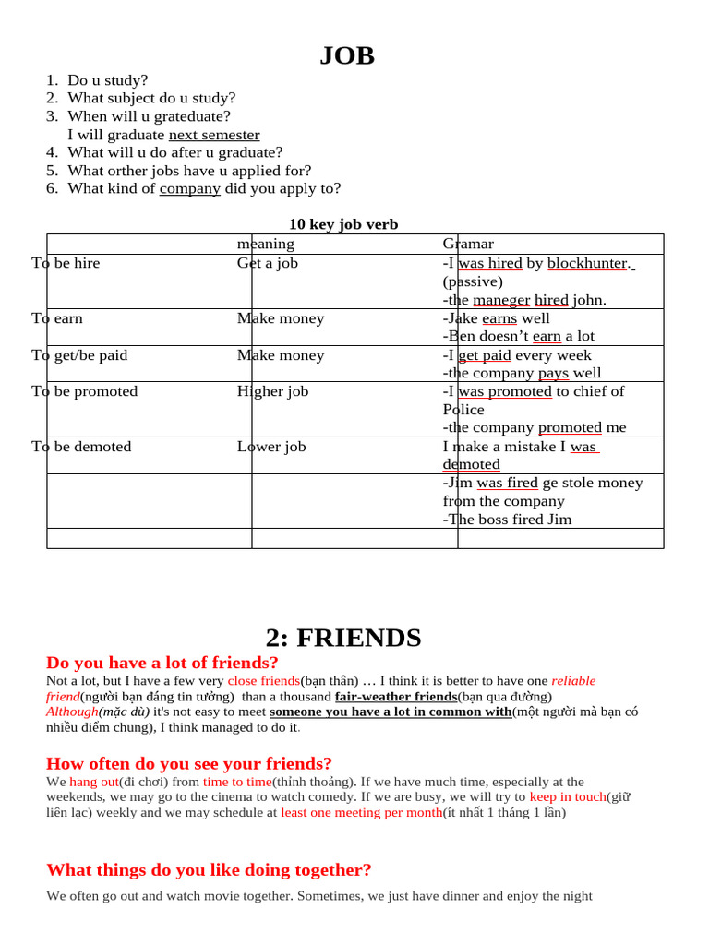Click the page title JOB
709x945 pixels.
pyautogui.click(x=347, y=55)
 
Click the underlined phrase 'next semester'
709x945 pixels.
pyautogui.click(x=214, y=135)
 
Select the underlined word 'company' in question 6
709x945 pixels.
pyautogui.click(x=190, y=188)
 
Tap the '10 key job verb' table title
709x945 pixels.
pyautogui.click(x=343, y=224)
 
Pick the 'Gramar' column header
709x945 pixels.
pyautogui.click(x=468, y=244)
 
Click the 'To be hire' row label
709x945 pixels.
pyautogui.click(x=66, y=263)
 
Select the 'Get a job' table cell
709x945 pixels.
pyautogui.click(x=268, y=263)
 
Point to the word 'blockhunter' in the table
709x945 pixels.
pyautogui.click(x=588, y=263)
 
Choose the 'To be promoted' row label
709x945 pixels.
pyautogui.click(x=84, y=391)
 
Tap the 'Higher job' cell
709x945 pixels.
pyautogui.click(x=272, y=391)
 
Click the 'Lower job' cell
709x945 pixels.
pyautogui.click(x=271, y=447)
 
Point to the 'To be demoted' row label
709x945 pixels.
pyautogui.click(x=81, y=447)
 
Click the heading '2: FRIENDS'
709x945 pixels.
pyautogui.click(x=343, y=638)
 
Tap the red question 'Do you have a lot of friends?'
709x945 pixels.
pyautogui.click(x=162, y=663)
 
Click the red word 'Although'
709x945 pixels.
pyautogui.click(x=72, y=712)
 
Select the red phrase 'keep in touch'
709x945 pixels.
pyautogui.click(x=568, y=796)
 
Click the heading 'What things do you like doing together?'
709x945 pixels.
pyautogui.click(x=209, y=870)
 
